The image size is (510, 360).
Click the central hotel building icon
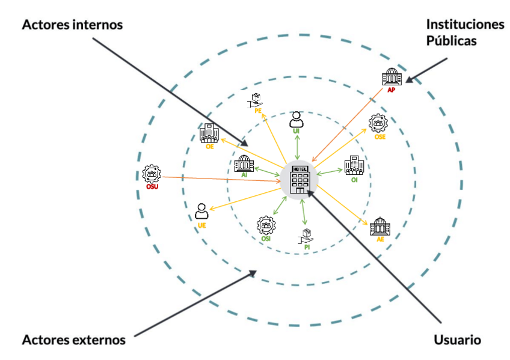click(299, 178)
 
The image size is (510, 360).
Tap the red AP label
click(391, 90)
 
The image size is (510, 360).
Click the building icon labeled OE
click(209, 133)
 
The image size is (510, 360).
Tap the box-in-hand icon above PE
click(257, 100)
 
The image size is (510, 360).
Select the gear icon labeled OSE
click(379, 124)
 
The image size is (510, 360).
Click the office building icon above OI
click(353, 165)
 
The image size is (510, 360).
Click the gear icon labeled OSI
click(265, 227)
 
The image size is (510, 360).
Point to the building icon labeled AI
click(244, 163)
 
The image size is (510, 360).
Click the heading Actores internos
click(72, 26)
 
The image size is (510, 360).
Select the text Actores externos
click(73, 340)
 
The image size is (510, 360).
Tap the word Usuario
click(457, 340)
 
